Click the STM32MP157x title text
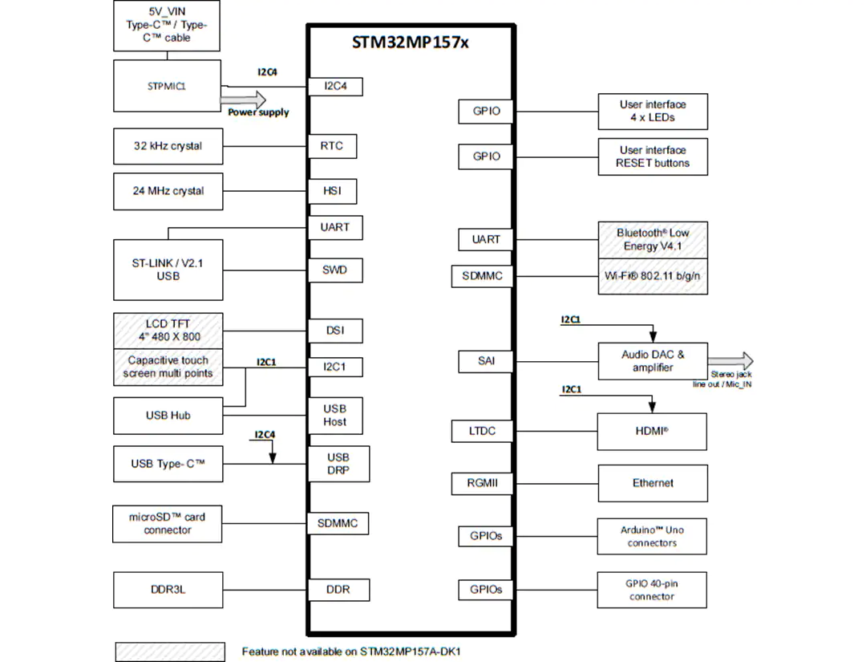click(410, 43)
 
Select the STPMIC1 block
click(168, 86)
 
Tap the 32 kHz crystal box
click(168, 146)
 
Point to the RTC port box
click(331, 146)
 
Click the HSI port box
click(332, 191)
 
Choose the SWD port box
click(334, 270)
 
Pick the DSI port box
click(334, 331)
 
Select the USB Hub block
click(168, 416)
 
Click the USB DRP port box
click(338, 464)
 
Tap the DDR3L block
click(168, 590)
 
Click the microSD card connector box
click(168, 524)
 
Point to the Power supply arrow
click(243, 100)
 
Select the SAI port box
click(486, 361)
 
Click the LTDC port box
click(482, 431)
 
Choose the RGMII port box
click(482, 484)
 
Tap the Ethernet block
click(653, 483)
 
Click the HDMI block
click(652, 431)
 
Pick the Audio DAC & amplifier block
click(653, 361)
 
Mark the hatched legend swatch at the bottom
click(170, 652)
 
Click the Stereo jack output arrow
click(730, 361)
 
